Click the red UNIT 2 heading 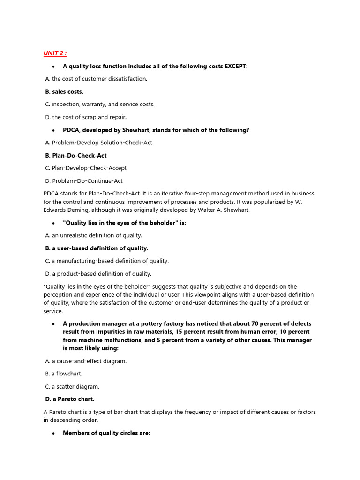[x=55, y=53]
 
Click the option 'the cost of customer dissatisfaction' [x=99, y=79]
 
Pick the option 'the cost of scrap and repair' [x=89, y=117]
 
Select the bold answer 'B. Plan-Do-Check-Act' [x=75, y=155]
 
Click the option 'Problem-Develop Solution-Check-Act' [x=102, y=142]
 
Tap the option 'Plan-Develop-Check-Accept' [x=89, y=168]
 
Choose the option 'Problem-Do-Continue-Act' [x=87, y=180]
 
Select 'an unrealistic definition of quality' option [x=97, y=235]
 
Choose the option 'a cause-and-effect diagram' [x=89, y=361]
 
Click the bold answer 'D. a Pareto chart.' [x=69, y=399]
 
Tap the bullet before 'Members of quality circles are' [x=53, y=433]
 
